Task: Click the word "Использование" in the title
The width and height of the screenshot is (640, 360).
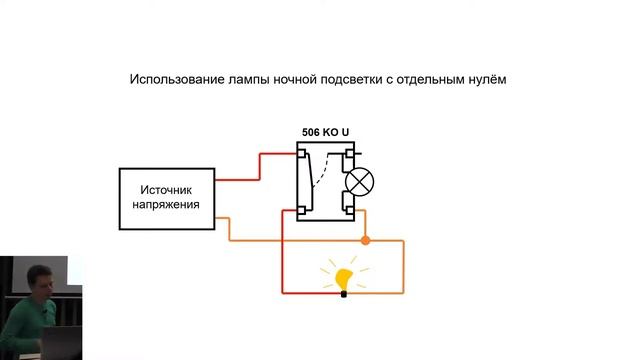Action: pos(175,80)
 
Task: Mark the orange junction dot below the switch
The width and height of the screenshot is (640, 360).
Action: pos(365,240)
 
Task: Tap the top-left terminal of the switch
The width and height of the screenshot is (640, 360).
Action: pos(301,153)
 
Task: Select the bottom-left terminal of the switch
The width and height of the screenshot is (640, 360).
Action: pos(301,210)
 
